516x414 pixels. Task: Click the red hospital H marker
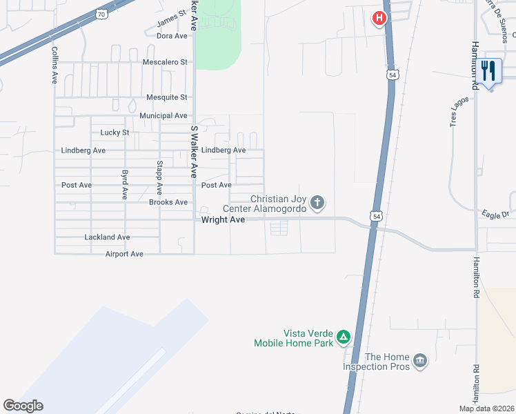point(379,19)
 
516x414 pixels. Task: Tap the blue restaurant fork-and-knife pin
point(489,70)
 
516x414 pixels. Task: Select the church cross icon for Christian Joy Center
point(317,203)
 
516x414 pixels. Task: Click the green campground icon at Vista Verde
point(344,337)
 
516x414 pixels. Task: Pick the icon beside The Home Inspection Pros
point(419,360)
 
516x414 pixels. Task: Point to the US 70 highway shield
point(101,13)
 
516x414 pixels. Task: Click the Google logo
point(23,406)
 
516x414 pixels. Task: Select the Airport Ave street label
point(124,254)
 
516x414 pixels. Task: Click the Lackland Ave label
point(107,237)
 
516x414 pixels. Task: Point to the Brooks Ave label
point(168,202)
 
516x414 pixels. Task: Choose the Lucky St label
point(115,132)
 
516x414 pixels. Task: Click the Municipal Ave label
point(163,115)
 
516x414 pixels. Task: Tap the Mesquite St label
point(167,97)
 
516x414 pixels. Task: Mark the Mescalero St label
point(166,61)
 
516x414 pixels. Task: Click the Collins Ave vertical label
point(54,66)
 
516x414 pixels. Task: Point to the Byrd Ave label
point(125,185)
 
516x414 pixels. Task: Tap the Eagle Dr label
point(495,215)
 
